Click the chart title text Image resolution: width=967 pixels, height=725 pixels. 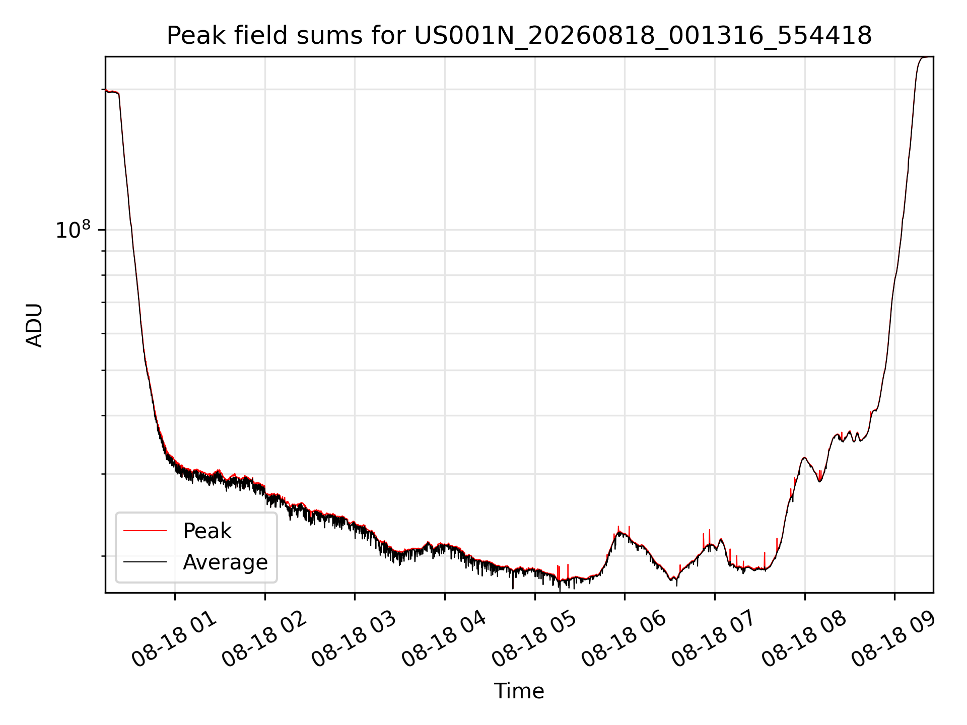pyautogui.click(x=519, y=36)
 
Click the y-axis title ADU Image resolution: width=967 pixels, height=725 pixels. pyautogui.click(x=34, y=325)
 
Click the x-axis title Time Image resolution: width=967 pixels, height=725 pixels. pyautogui.click(x=519, y=691)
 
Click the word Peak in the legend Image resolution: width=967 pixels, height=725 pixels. pyautogui.click(x=207, y=531)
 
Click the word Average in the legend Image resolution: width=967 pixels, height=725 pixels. pyautogui.click(x=225, y=562)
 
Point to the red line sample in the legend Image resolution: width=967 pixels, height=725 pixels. pyautogui.click(x=145, y=531)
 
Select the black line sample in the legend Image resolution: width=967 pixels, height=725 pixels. pyautogui.click(x=145, y=562)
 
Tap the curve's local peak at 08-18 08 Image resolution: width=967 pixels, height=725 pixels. pyautogui.click(x=804, y=458)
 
